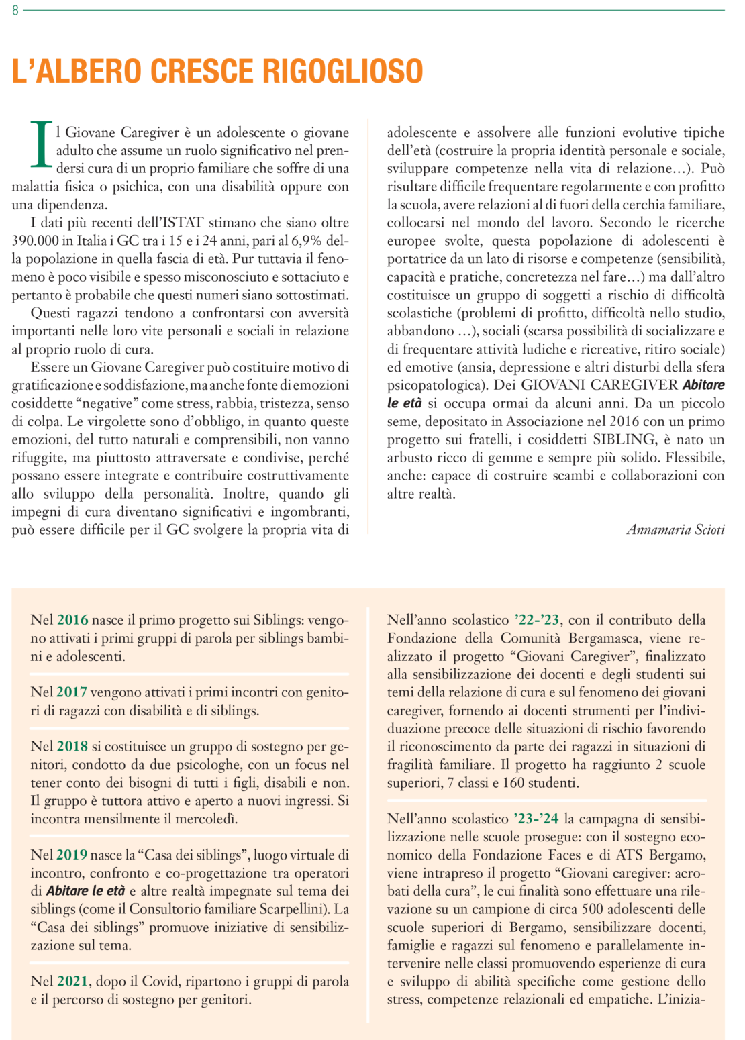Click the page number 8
15,11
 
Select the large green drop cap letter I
41,145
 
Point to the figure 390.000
36,241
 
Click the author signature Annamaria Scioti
675,530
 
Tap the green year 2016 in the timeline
72,620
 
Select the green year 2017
72,692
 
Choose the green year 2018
72,747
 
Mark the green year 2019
72,855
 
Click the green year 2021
72,982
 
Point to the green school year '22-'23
537,620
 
